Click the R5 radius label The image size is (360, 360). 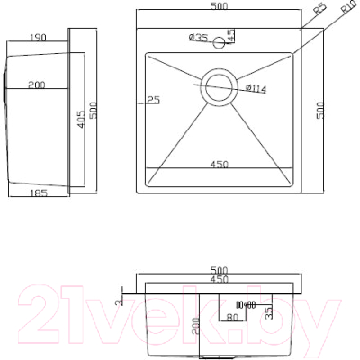click(x=319, y=13)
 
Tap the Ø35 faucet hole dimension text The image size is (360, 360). click(x=199, y=38)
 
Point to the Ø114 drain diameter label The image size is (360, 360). click(x=255, y=87)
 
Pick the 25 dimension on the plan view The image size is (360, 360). click(x=154, y=98)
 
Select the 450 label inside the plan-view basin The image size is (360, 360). click(x=220, y=163)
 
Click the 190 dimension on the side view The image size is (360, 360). click(x=38, y=39)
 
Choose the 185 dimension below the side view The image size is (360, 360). click(x=38, y=193)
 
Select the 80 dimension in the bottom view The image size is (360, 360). click(x=232, y=317)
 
